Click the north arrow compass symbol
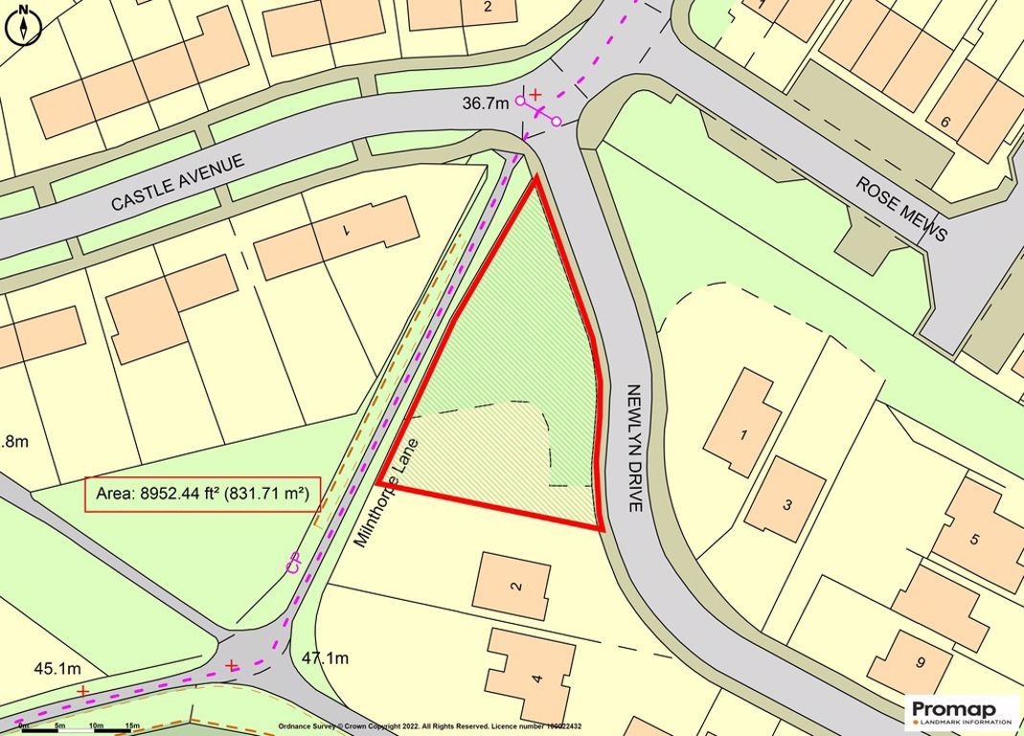pos(23,26)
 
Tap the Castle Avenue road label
pos(177,181)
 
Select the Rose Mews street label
pos(901,208)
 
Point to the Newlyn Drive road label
pos(633,448)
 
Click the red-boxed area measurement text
pos(202,494)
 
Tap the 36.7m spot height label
pos(485,103)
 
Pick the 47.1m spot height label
pos(325,658)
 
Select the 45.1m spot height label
pos(57,668)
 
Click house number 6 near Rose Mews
pos(944,122)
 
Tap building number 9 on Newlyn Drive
pos(920,661)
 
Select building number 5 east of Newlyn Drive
pos(974,539)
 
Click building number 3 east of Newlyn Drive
pos(786,505)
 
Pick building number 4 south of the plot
pos(536,679)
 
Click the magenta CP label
pos(294,564)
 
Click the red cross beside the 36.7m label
pos(535,94)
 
